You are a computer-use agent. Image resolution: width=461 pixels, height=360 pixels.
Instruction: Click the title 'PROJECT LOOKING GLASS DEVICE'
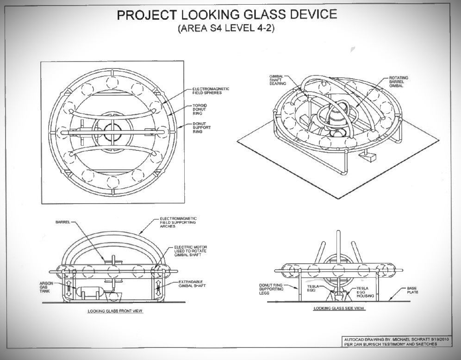(227, 14)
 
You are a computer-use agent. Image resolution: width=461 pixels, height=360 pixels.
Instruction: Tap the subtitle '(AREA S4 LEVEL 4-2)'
(227, 29)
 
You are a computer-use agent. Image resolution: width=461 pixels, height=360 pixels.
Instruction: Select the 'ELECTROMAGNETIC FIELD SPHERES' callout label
(211, 91)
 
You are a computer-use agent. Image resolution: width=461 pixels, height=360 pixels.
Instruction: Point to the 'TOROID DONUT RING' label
(200, 110)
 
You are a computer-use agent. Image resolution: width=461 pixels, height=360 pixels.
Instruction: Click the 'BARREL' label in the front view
(62, 222)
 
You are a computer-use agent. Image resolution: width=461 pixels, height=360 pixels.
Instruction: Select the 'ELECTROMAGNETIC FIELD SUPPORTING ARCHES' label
(178, 222)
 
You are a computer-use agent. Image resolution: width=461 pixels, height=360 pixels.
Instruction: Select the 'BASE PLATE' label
(411, 290)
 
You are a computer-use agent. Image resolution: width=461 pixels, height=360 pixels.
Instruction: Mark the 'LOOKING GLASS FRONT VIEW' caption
(115, 311)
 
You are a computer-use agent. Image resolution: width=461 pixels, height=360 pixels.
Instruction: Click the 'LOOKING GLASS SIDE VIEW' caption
(339, 308)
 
